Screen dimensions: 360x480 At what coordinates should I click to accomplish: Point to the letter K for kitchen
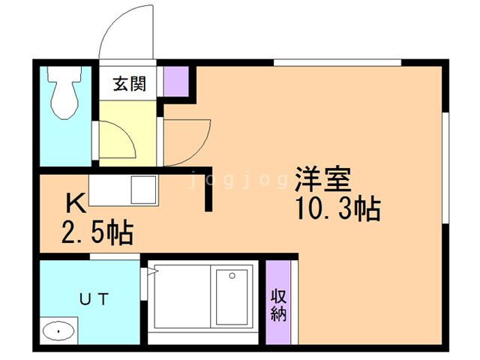[x=74, y=202]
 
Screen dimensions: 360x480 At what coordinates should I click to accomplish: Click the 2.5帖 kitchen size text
[x=97, y=232]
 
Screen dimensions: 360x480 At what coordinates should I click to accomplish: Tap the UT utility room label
[x=95, y=299]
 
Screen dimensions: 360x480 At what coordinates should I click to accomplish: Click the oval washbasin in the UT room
[x=58, y=330]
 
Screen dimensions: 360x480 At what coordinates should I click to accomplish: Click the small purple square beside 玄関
[x=175, y=81]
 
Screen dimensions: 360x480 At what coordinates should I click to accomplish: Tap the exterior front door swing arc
[x=127, y=30]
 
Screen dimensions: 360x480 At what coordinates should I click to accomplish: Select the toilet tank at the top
[x=63, y=75]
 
